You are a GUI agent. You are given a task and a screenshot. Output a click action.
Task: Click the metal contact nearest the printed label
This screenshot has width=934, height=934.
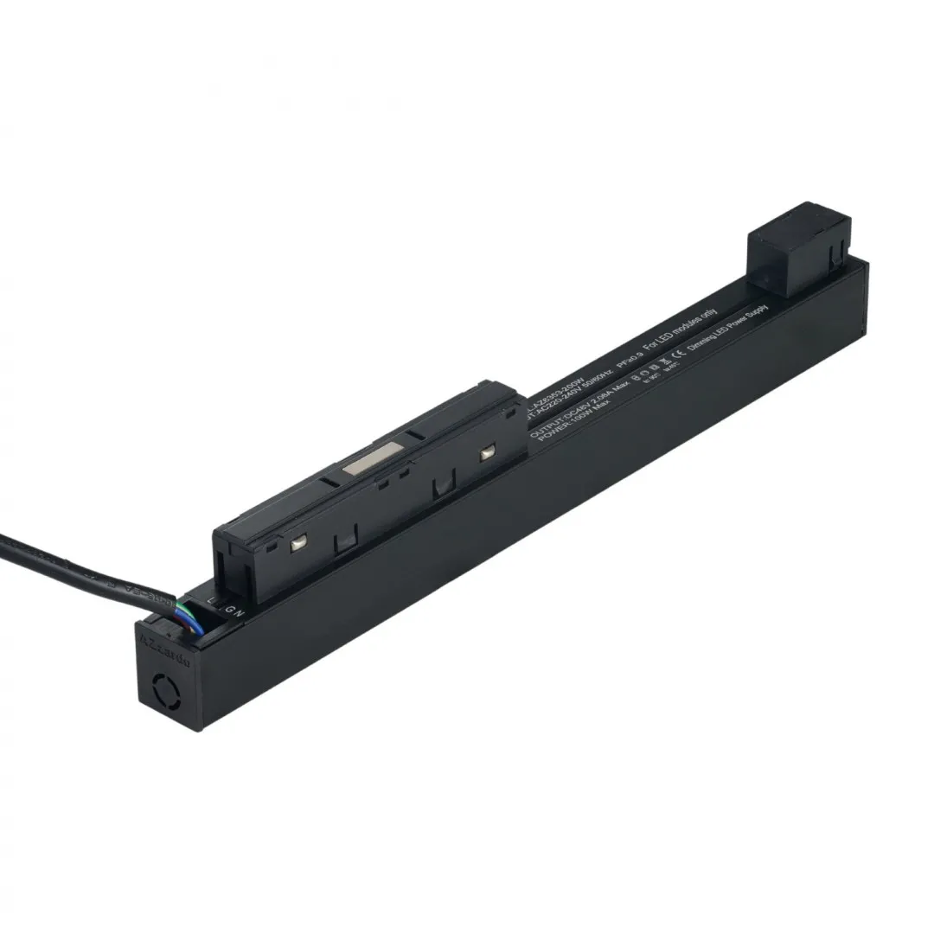pos(488,452)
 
